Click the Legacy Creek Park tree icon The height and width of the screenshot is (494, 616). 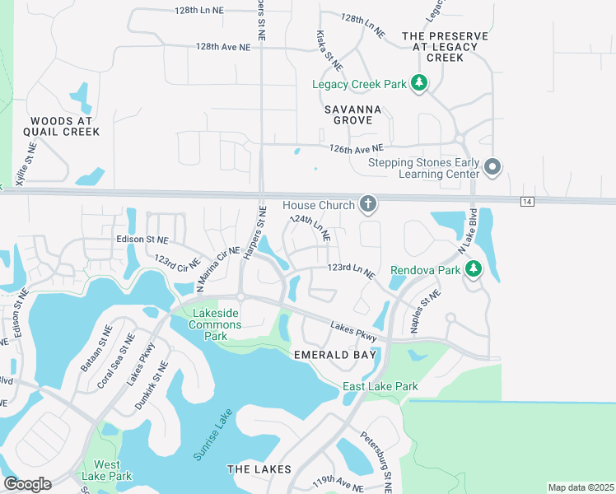[x=419, y=82]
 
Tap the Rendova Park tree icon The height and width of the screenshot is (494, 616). [x=474, y=268]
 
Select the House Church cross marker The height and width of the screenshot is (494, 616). [x=367, y=204]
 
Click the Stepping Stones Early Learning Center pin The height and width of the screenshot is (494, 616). [x=492, y=167]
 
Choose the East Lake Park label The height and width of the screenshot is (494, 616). [x=380, y=386]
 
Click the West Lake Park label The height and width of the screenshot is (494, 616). [x=107, y=470]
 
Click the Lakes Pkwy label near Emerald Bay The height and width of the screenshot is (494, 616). [x=354, y=331]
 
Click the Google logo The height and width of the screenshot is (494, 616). [x=26, y=483]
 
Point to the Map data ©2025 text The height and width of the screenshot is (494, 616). [x=581, y=487]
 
